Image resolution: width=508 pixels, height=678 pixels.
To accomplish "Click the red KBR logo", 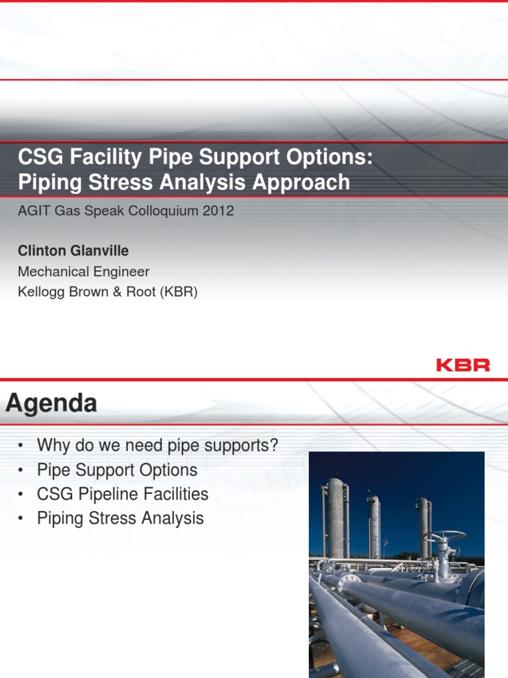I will point(463,365).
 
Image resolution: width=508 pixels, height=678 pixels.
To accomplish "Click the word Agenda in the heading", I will point(52,403).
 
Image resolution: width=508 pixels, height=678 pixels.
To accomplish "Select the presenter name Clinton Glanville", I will point(73,251).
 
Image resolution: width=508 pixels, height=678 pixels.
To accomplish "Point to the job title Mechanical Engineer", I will point(83,271).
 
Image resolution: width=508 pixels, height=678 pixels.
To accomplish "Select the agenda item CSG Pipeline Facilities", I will point(122,494).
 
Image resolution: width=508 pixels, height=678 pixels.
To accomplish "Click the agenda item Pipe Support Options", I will point(117,470).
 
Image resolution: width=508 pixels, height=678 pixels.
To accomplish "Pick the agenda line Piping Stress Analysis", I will point(120,518).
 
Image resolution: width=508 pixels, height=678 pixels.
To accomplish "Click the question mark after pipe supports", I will point(274,446).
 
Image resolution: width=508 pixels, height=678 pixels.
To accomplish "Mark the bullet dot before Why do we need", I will point(21,446).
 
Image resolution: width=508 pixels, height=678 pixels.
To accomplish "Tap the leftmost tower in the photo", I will point(335,516).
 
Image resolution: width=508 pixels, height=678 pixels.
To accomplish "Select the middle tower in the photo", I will point(374,526).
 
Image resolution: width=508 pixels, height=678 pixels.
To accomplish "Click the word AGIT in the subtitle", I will point(33,211).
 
